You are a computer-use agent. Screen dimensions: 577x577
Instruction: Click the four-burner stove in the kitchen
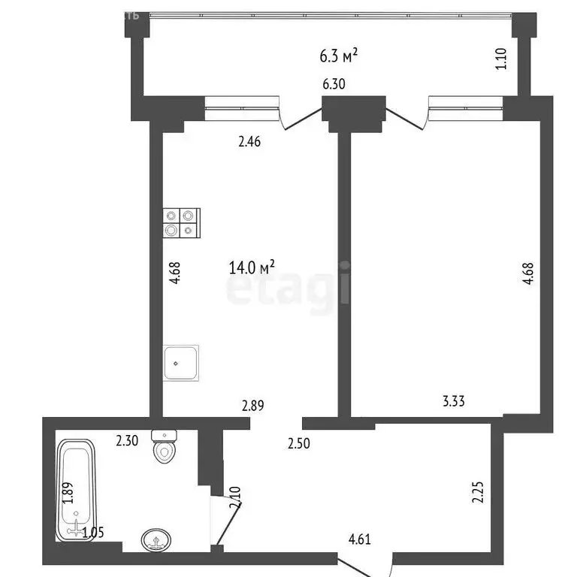(x=182, y=222)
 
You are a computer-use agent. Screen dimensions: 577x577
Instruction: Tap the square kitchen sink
(x=181, y=363)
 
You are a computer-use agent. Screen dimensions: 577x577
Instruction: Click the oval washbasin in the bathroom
(x=156, y=539)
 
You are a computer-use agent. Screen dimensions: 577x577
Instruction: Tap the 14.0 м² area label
(x=251, y=267)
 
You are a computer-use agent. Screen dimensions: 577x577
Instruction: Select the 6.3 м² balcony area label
(x=338, y=55)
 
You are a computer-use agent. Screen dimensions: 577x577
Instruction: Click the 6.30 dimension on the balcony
(x=334, y=84)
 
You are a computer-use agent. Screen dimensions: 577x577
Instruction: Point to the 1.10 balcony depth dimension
(x=502, y=59)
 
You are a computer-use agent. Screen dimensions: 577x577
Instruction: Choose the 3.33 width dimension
(x=454, y=401)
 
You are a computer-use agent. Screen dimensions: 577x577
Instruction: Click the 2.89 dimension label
(x=253, y=406)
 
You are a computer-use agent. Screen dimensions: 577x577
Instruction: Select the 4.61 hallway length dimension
(x=360, y=538)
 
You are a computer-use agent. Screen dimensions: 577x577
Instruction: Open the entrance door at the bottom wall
(x=364, y=566)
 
